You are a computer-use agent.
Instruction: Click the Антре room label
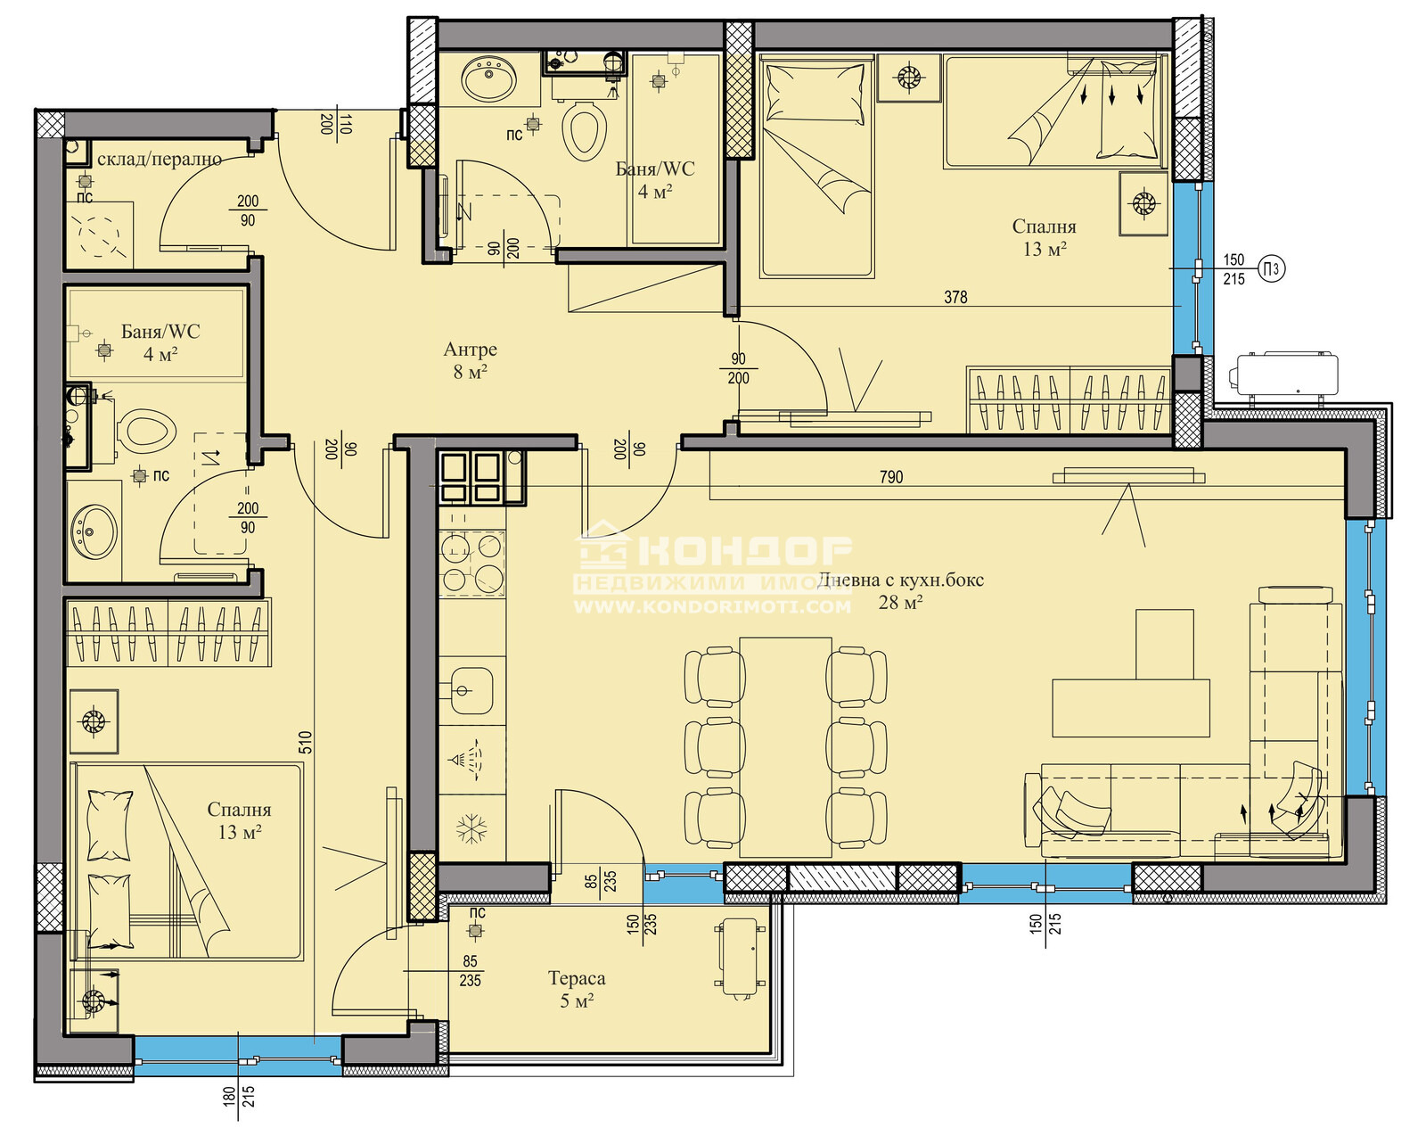point(471,349)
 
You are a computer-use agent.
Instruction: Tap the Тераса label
point(577,978)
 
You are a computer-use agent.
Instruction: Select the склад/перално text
point(159,159)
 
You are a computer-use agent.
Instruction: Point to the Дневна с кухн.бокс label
point(900,580)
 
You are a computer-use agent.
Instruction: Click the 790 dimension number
point(891,477)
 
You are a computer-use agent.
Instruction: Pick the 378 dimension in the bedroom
point(955,297)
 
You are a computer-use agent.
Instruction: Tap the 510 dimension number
point(305,742)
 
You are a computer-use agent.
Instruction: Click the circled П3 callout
point(1271,269)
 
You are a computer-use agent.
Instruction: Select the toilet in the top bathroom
point(584,131)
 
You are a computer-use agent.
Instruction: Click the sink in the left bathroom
point(94,531)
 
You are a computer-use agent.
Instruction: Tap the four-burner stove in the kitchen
point(471,564)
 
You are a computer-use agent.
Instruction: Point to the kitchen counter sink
point(471,690)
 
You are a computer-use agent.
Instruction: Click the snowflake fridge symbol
point(471,829)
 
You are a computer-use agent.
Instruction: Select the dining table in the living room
point(785,748)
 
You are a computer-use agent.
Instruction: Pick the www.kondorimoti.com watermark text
point(712,606)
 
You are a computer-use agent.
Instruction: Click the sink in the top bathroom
point(489,78)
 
